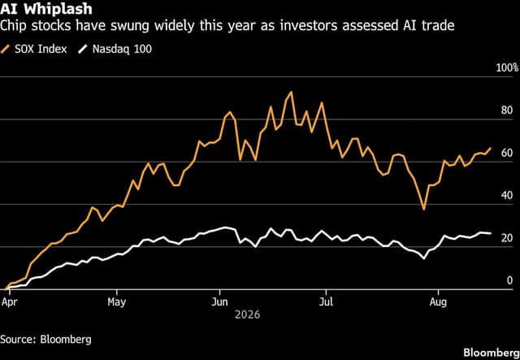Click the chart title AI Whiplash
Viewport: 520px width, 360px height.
[x=45, y=9]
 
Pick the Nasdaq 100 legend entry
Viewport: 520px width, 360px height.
[x=115, y=50]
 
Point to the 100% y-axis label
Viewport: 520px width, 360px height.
[x=507, y=68]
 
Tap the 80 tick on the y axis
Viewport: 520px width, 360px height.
[x=507, y=111]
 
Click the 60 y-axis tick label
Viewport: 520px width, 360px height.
[x=507, y=153]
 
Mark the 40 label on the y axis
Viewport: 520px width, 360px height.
[x=507, y=195]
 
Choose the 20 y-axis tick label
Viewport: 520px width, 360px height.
[x=507, y=238]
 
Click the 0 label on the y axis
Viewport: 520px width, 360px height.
[x=509, y=280]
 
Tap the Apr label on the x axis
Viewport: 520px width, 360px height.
[x=9, y=302]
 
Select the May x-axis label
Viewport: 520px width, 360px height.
[x=117, y=302]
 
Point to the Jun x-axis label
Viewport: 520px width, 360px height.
[x=220, y=302]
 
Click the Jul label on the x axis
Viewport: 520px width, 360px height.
[x=327, y=302]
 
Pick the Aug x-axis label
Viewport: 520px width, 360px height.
[x=439, y=302]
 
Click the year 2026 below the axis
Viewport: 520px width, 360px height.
[x=247, y=314]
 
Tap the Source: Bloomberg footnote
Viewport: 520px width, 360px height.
[x=45, y=340]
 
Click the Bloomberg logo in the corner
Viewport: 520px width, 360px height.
[x=492, y=353]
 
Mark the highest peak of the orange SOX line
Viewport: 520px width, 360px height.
[x=291, y=92]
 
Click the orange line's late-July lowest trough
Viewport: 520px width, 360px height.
[x=423, y=210]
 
